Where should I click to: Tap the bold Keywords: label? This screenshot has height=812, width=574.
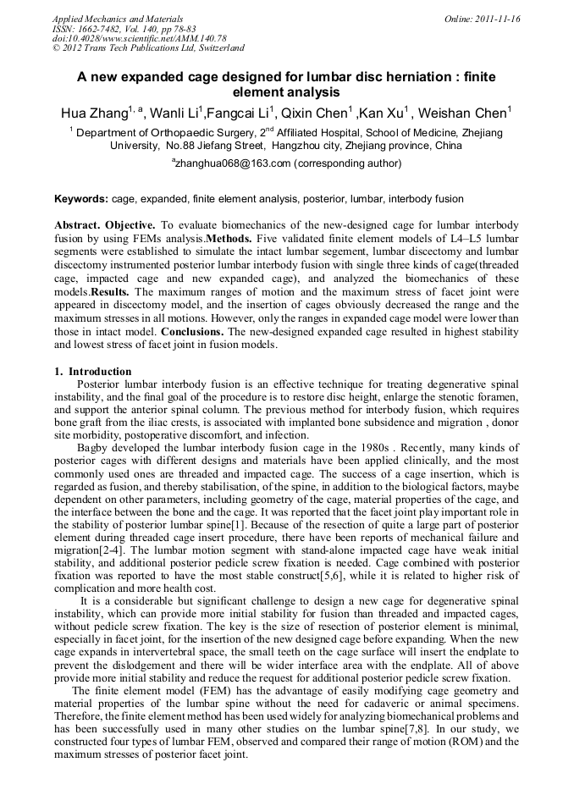tap(81, 199)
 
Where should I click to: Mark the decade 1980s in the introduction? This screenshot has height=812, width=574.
tap(362, 447)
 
